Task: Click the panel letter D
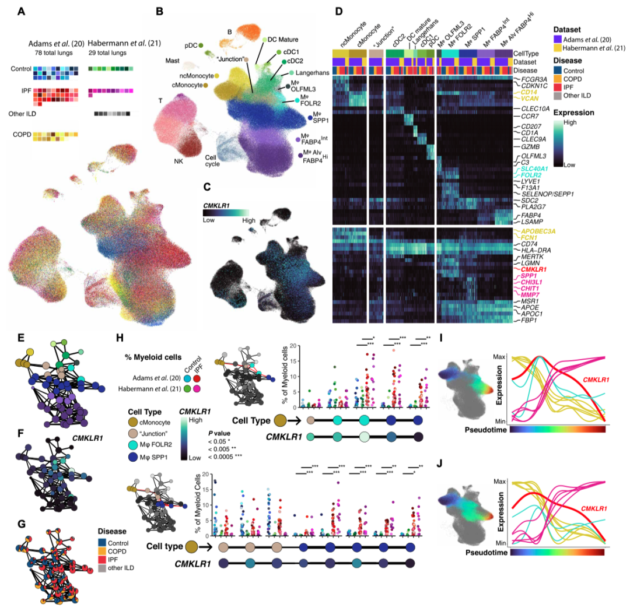tap(337, 11)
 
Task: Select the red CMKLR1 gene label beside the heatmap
tap(527, 269)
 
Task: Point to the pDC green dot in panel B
tap(201, 44)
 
